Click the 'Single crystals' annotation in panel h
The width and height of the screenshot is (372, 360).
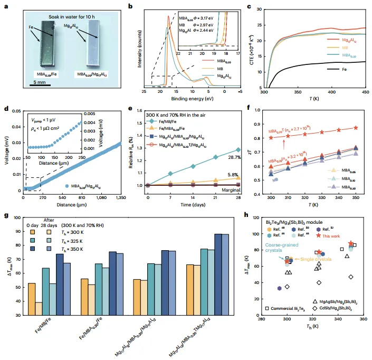pyautogui.click(x=317, y=260)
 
